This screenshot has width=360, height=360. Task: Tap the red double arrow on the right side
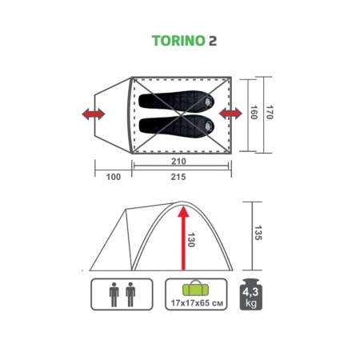pos(231,116)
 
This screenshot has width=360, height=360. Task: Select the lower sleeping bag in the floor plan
pos(181,125)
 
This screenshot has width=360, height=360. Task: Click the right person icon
pos(130,294)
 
